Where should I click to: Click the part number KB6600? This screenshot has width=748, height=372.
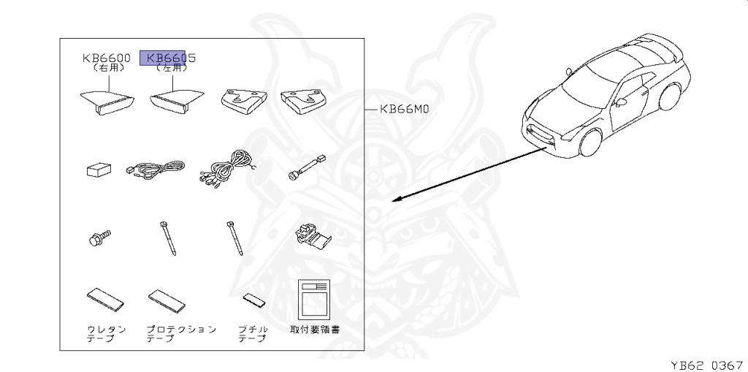click(x=106, y=58)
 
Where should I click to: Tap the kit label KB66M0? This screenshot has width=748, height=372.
click(x=403, y=110)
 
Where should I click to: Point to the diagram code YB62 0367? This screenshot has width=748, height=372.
click(x=706, y=362)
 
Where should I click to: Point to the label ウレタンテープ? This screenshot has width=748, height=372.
click(x=106, y=333)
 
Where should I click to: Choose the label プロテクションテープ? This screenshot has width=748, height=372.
click(x=180, y=333)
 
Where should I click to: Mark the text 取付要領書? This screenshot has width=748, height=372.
click(x=315, y=330)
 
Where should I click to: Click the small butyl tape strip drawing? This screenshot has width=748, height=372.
click(x=254, y=300)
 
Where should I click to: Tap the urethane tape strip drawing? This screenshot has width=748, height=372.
click(x=105, y=298)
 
